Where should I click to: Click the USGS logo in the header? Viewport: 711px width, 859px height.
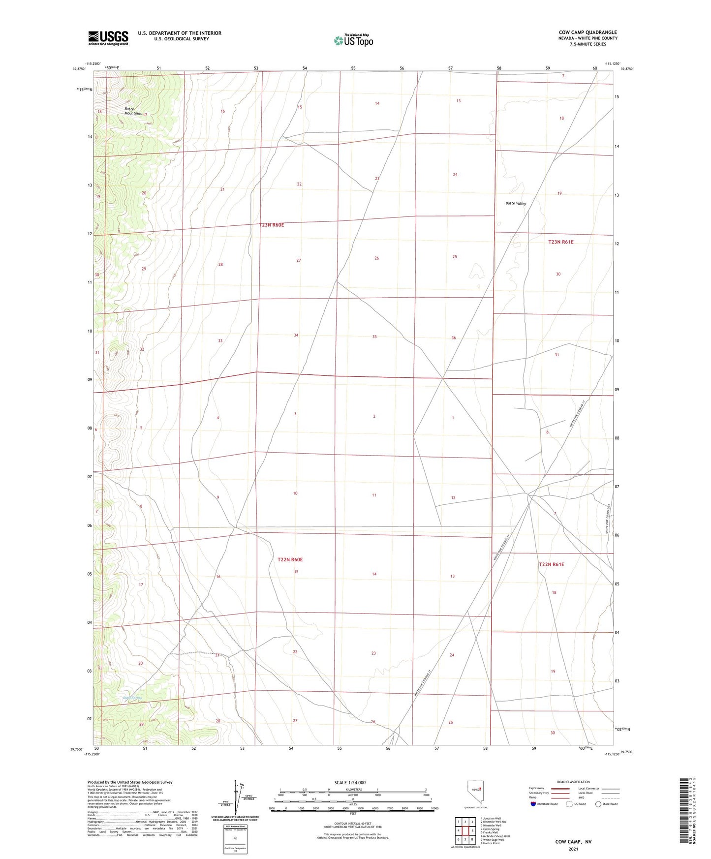(x=108, y=38)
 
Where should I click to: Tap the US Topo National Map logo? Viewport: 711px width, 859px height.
(x=353, y=40)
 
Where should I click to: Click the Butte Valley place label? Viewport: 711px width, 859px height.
(x=516, y=203)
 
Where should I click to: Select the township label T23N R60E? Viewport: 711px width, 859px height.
(x=271, y=225)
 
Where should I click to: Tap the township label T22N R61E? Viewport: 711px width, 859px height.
(x=551, y=564)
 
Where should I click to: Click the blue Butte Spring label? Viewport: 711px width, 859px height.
(x=132, y=698)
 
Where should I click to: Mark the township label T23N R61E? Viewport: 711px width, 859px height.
(x=560, y=242)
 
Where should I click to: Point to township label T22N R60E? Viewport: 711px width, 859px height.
(x=290, y=559)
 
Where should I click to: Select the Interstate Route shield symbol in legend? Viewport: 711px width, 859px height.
(x=533, y=804)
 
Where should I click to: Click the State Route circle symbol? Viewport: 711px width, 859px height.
(x=598, y=804)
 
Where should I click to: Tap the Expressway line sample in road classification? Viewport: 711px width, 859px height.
(x=560, y=788)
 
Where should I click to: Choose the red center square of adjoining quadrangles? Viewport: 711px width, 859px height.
(x=465, y=830)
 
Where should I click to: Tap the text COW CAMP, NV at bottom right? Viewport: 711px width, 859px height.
(x=573, y=842)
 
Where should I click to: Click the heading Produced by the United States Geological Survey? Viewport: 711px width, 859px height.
(x=130, y=782)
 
